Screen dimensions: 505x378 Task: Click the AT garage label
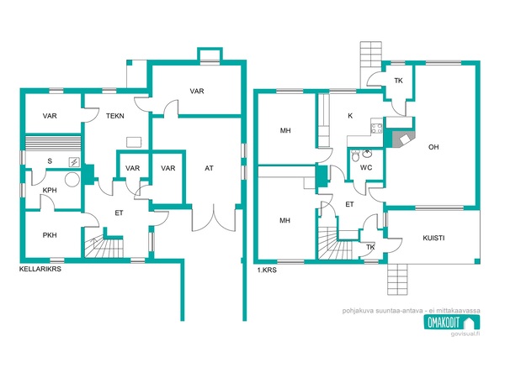(209, 168)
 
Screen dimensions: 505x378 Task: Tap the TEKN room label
(115, 116)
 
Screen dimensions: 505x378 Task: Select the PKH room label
(50, 235)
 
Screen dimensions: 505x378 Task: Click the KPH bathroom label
(50, 191)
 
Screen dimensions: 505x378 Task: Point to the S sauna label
(50, 161)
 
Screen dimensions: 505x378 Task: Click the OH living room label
(433, 147)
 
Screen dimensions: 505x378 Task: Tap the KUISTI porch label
(433, 239)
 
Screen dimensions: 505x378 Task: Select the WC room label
(366, 167)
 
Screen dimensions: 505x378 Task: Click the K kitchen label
(350, 116)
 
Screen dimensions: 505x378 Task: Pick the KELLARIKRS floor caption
(40, 269)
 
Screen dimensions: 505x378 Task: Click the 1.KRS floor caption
(267, 270)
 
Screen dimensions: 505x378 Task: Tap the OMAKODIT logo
(451, 322)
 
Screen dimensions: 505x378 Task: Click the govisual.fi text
(465, 333)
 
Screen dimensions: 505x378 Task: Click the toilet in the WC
(355, 156)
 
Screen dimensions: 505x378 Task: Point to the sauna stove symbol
(74, 162)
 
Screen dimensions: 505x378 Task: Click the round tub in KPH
(72, 180)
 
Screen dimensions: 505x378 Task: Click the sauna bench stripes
(53, 143)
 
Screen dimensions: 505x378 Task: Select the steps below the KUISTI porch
(397, 279)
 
